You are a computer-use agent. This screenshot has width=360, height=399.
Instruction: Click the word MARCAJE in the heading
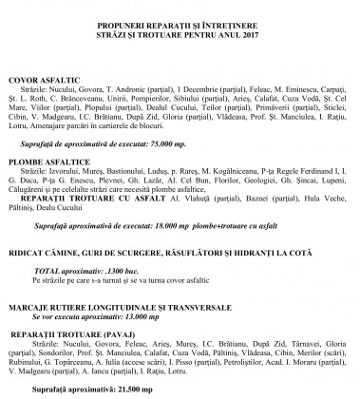(x=31, y=309)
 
